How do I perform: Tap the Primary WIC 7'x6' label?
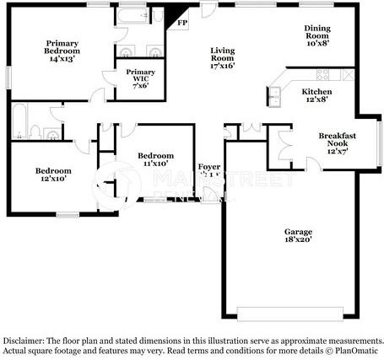140,78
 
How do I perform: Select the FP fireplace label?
181,24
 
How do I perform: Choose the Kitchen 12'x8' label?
316,95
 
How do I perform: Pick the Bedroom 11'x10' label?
155,160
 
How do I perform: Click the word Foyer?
209,167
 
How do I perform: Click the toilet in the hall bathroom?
35,131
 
